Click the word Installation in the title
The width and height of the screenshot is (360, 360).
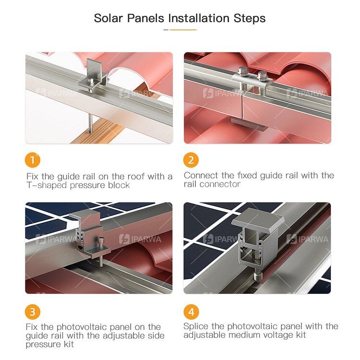[199, 18]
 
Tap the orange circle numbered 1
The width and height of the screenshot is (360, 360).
[33, 160]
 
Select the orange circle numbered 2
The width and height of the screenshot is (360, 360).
[191, 160]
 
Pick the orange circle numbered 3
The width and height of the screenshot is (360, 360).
[33, 312]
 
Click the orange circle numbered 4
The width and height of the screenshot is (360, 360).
[191, 312]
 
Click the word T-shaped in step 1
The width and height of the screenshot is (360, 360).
[47, 185]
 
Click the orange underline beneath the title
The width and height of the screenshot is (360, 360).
[183, 30]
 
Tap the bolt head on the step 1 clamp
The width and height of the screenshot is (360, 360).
[91, 81]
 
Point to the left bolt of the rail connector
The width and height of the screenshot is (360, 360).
[242, 71]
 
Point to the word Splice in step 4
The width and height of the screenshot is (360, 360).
[196, 326]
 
